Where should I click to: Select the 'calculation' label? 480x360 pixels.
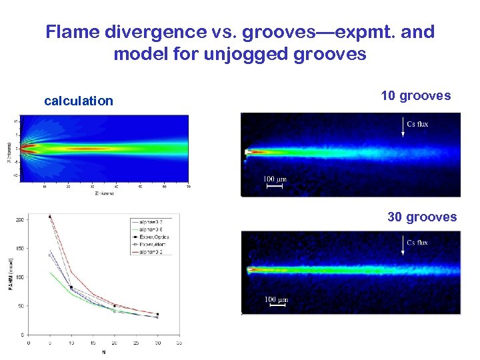(x=79, y=101)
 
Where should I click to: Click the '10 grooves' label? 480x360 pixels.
(x=415, y=95)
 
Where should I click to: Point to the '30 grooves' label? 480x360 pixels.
(x=422, y=217)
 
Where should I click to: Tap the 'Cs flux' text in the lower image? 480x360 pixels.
(x=418, y=242)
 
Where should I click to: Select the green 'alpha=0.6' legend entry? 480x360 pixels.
(x=153, y=229)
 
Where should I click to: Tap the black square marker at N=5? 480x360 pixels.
(x=50, y=217)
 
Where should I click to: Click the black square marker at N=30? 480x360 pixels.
(x=157, y=314)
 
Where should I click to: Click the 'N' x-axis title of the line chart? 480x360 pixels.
(x=103, y=351)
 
